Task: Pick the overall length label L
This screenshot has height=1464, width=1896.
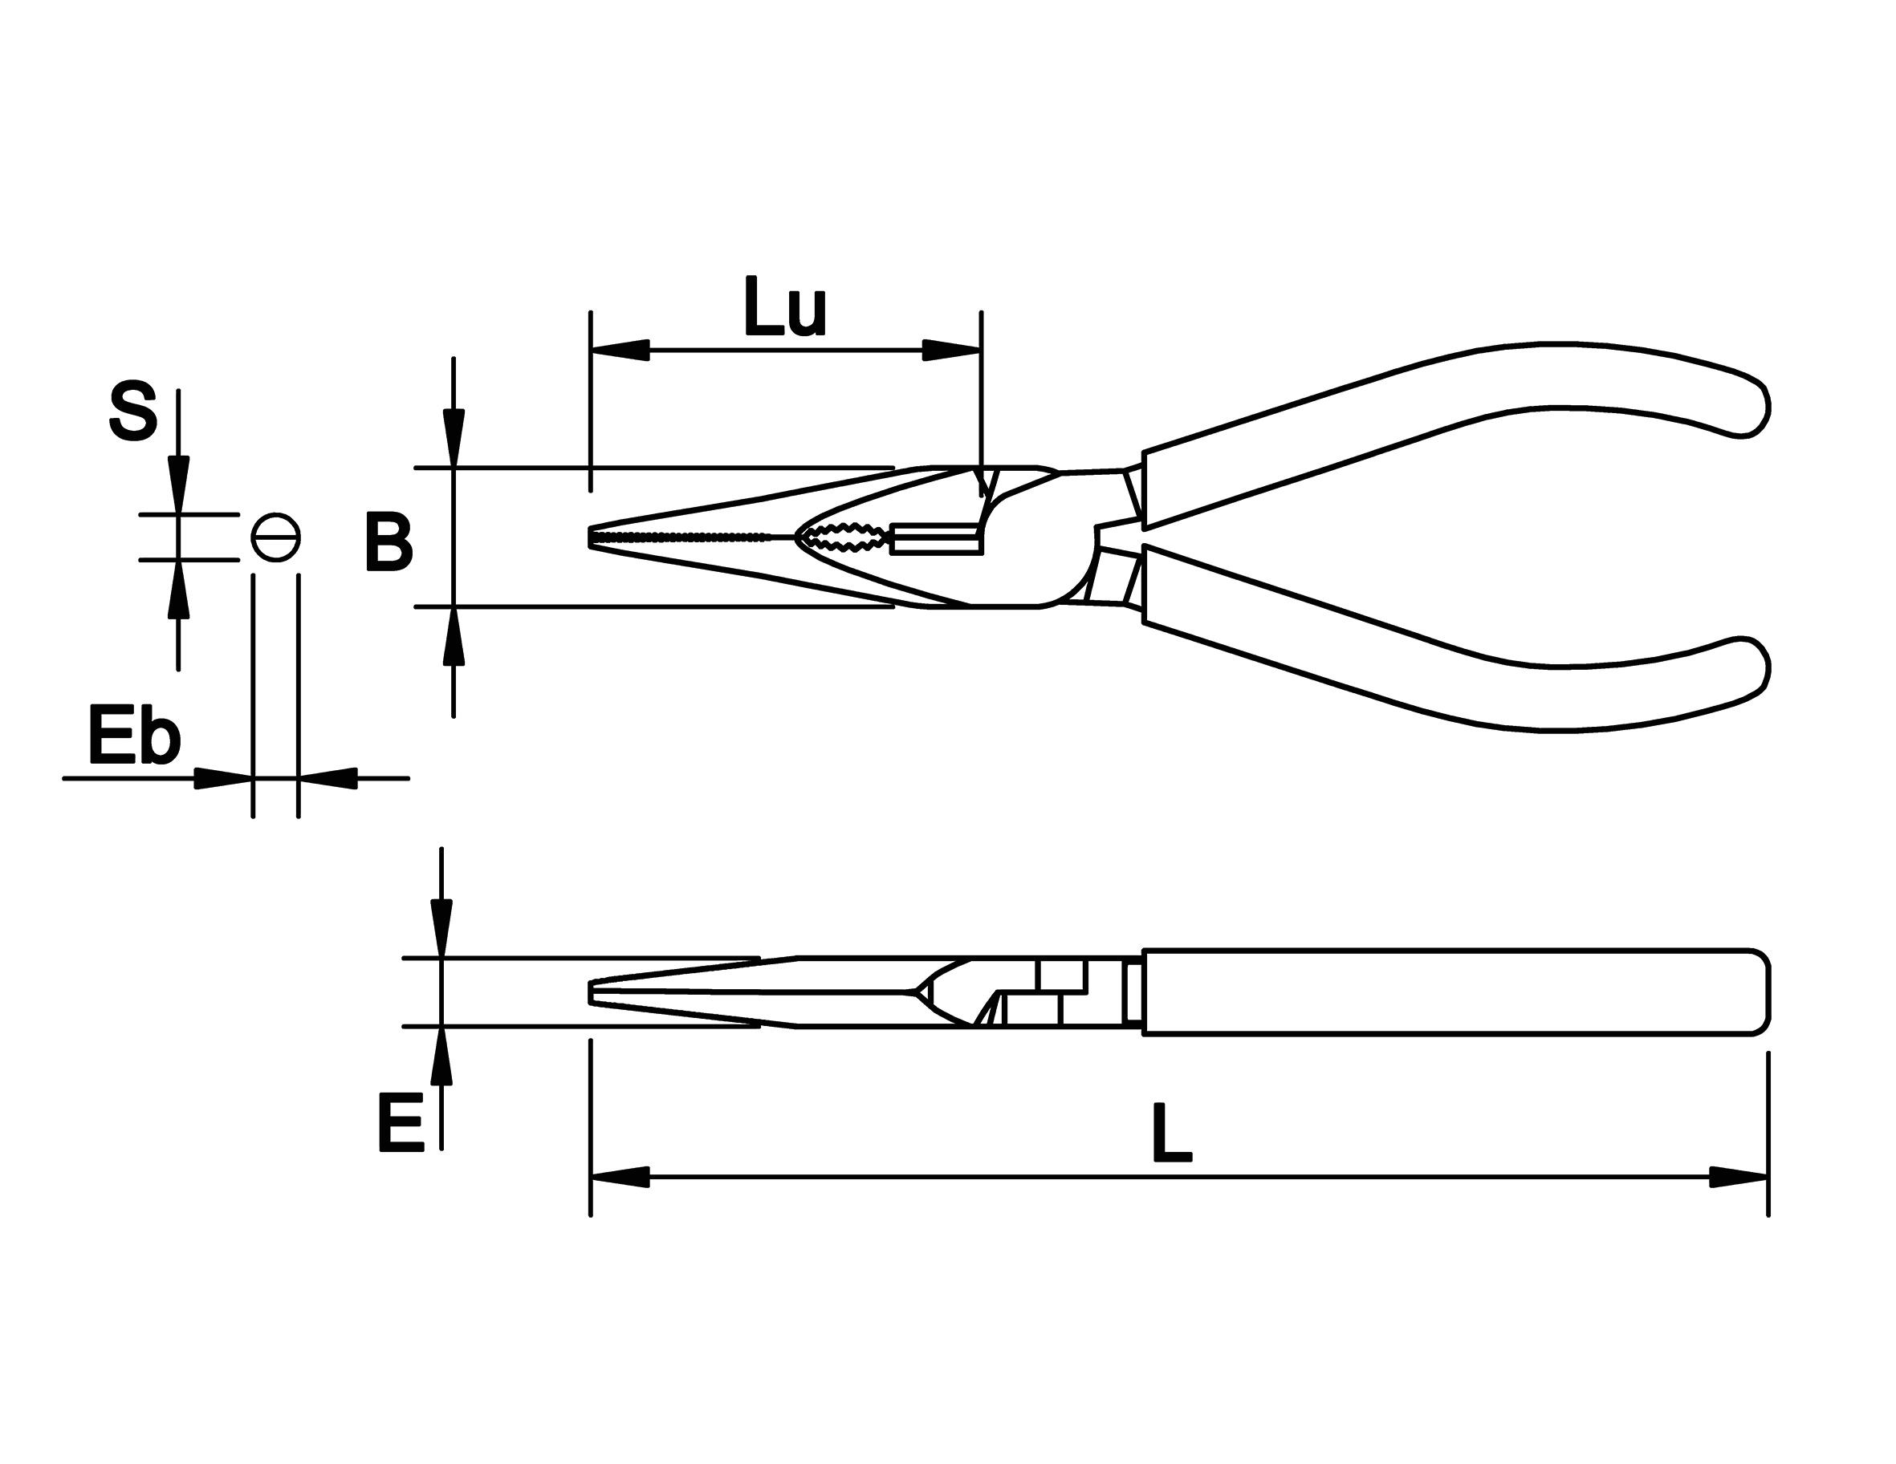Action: pyautogui.click(x=1171, y=1133)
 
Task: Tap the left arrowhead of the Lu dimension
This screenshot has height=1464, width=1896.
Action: pyautogui.click(x=620, y=351)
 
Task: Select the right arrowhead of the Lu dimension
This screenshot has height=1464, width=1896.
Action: pyautogui.click(x=951, y=351)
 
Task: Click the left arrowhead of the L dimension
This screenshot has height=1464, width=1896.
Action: pyautogui.click(x=620, y=1178)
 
